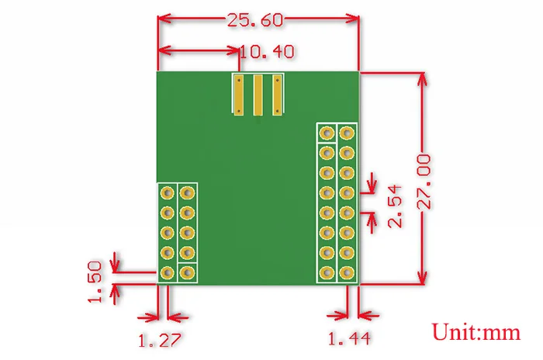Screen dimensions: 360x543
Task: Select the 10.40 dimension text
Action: [x=267, y=52]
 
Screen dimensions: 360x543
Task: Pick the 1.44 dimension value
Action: [x=348, y=340]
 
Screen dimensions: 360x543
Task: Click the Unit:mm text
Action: [x=476, y=333]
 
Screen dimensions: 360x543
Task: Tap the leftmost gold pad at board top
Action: [x=240, y=95]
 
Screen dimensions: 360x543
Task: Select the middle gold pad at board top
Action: [x=258, y=95]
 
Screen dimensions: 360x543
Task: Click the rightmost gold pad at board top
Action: [x=276, y=95]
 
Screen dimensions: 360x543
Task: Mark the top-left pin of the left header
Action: [x=167, y=192]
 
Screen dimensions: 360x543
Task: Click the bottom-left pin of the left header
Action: [x=167, y=272]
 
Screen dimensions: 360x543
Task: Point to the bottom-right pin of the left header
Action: [x=187, y=272]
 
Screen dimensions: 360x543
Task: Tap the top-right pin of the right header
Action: [x=346, y=133]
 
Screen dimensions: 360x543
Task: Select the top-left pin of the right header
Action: [x=327, y=133]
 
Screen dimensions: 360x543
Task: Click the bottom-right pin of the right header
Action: [x=346, y=272]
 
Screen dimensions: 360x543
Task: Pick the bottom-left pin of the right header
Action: [x=327, y=272]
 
